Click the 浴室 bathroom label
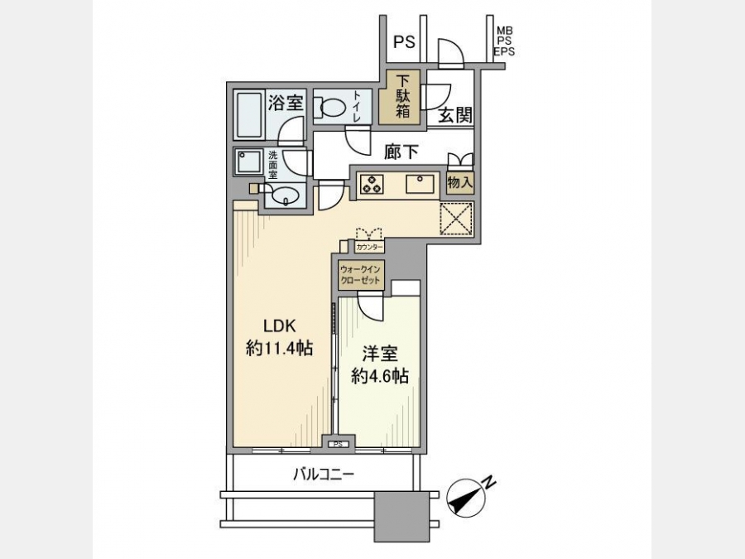286,103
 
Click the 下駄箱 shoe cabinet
402,98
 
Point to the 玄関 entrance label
454,115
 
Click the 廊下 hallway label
401,152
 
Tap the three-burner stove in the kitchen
372,184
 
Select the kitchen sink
420,184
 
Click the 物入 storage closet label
460,182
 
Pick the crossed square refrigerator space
456,219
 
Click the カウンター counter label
369,247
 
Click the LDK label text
280,325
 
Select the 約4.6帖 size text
380,376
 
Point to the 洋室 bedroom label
380,354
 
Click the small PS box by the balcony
338,445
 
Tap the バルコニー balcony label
323,474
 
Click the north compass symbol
467,497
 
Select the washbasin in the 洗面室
284,195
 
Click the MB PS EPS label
505,41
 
